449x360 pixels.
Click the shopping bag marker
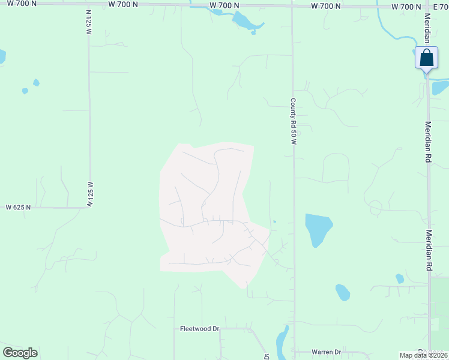(x=426, y=59)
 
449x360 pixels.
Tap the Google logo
(x=20, y=353)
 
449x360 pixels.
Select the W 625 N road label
(x=18, y=207)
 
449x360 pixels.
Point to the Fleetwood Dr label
(x=200, y=329)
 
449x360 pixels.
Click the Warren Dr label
(x=326, y=352)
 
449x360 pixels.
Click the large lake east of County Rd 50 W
(x=316, y=229)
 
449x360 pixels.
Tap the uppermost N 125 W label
(x=88, y=21)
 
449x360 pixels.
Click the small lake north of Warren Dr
(x=342, y=292)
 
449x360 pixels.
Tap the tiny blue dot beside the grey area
(x=274, y=222)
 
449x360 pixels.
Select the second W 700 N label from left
(x=123, y=4)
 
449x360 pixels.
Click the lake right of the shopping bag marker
(x=440, y=88)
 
